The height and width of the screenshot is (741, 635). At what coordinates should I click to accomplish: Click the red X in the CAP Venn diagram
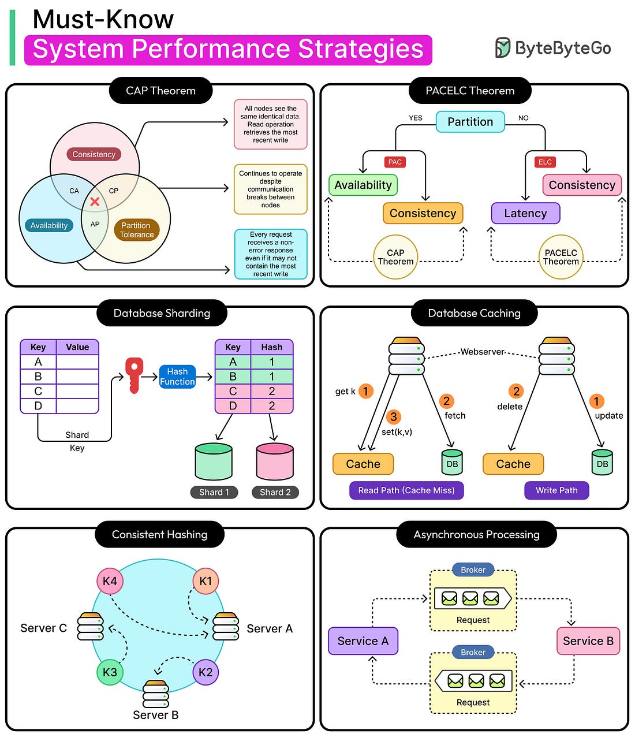tap(95, 202)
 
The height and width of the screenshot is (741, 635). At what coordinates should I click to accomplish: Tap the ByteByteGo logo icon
tap(503, 48)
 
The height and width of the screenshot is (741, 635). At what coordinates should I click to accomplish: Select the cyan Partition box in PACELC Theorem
tap(470, 122)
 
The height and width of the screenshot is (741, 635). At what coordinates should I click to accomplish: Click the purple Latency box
tap(525, 213)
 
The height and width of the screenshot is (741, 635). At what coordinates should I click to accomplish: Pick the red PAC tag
tap(395, 162)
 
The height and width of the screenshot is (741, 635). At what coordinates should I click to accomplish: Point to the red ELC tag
tap(545, 162)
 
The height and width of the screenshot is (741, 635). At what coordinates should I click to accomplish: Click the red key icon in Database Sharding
tap(134, 375)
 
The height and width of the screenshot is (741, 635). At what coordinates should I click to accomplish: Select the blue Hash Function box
tap(177, 377)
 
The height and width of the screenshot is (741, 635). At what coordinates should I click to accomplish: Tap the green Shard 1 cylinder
tap(214, 461)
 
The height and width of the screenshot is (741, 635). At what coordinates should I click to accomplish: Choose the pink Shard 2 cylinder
tap(275, 461)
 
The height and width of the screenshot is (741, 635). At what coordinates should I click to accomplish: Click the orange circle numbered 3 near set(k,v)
tap(394, 416)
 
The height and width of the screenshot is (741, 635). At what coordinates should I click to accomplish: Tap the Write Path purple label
tap(556, 490)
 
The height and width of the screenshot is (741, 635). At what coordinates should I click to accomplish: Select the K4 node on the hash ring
tap(110, 581)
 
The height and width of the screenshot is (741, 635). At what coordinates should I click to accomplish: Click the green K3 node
tap(110, 672)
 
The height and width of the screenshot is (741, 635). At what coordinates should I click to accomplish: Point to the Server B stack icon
tap(155, 694)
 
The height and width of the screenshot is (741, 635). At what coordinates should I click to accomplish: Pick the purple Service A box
tap(363, 641)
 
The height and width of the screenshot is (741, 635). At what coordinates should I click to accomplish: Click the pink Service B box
tap(588, 641)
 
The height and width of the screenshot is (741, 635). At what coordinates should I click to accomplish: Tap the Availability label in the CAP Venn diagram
tap(48, 225)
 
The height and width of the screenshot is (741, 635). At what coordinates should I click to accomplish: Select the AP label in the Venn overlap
tap(95, 225)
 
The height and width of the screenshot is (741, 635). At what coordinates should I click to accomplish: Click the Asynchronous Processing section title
tap(476, 534)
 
